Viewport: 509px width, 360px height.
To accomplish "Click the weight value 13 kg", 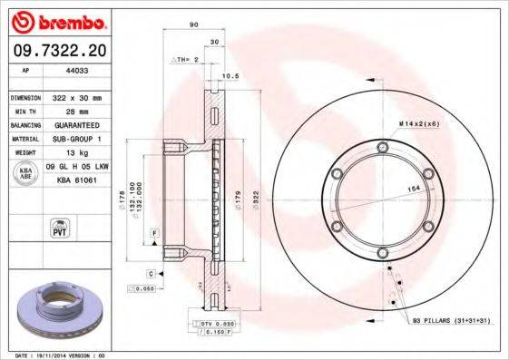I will (x=64, y=153).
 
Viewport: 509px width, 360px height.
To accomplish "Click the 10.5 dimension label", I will (x=230, y=76).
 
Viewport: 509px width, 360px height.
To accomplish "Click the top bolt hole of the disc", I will (x=382, y=147).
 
